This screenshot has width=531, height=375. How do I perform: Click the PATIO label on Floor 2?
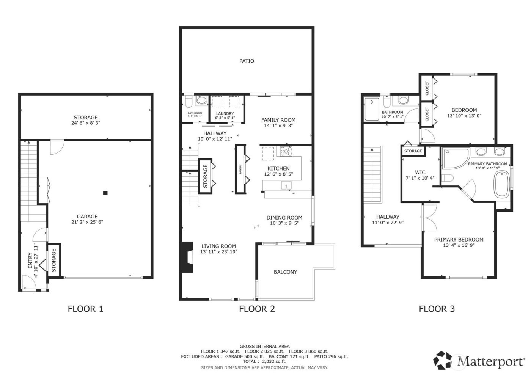pos(247,61)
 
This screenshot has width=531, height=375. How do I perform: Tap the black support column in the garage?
pos(105,193)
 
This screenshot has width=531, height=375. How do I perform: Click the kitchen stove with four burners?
pos(286,152)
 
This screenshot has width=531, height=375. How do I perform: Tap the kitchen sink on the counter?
pos(286,185)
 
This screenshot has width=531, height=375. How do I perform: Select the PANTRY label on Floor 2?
pos(240,169)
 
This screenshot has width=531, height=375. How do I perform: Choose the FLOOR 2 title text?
pos(257,309)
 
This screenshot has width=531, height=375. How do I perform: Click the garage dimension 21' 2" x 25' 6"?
pos(87,222)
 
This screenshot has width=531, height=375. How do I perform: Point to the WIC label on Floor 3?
pos(420,172)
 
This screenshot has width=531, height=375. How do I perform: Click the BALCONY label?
pos(285,272)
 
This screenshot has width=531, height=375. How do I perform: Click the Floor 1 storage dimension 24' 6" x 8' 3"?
pos(86,123)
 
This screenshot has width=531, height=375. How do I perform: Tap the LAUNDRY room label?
pos(225,113)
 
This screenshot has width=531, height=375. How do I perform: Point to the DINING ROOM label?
pos(284,218)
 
